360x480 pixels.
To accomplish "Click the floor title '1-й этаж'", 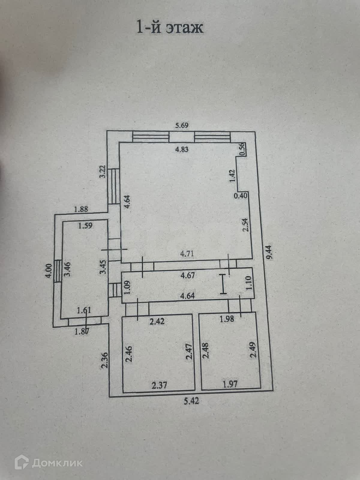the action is coord(170,28).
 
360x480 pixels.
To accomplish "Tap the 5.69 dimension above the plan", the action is coord(182,126).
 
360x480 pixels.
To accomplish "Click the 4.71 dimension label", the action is coord(187,254).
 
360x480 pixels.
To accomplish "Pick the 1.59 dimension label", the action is coord(85,225).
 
